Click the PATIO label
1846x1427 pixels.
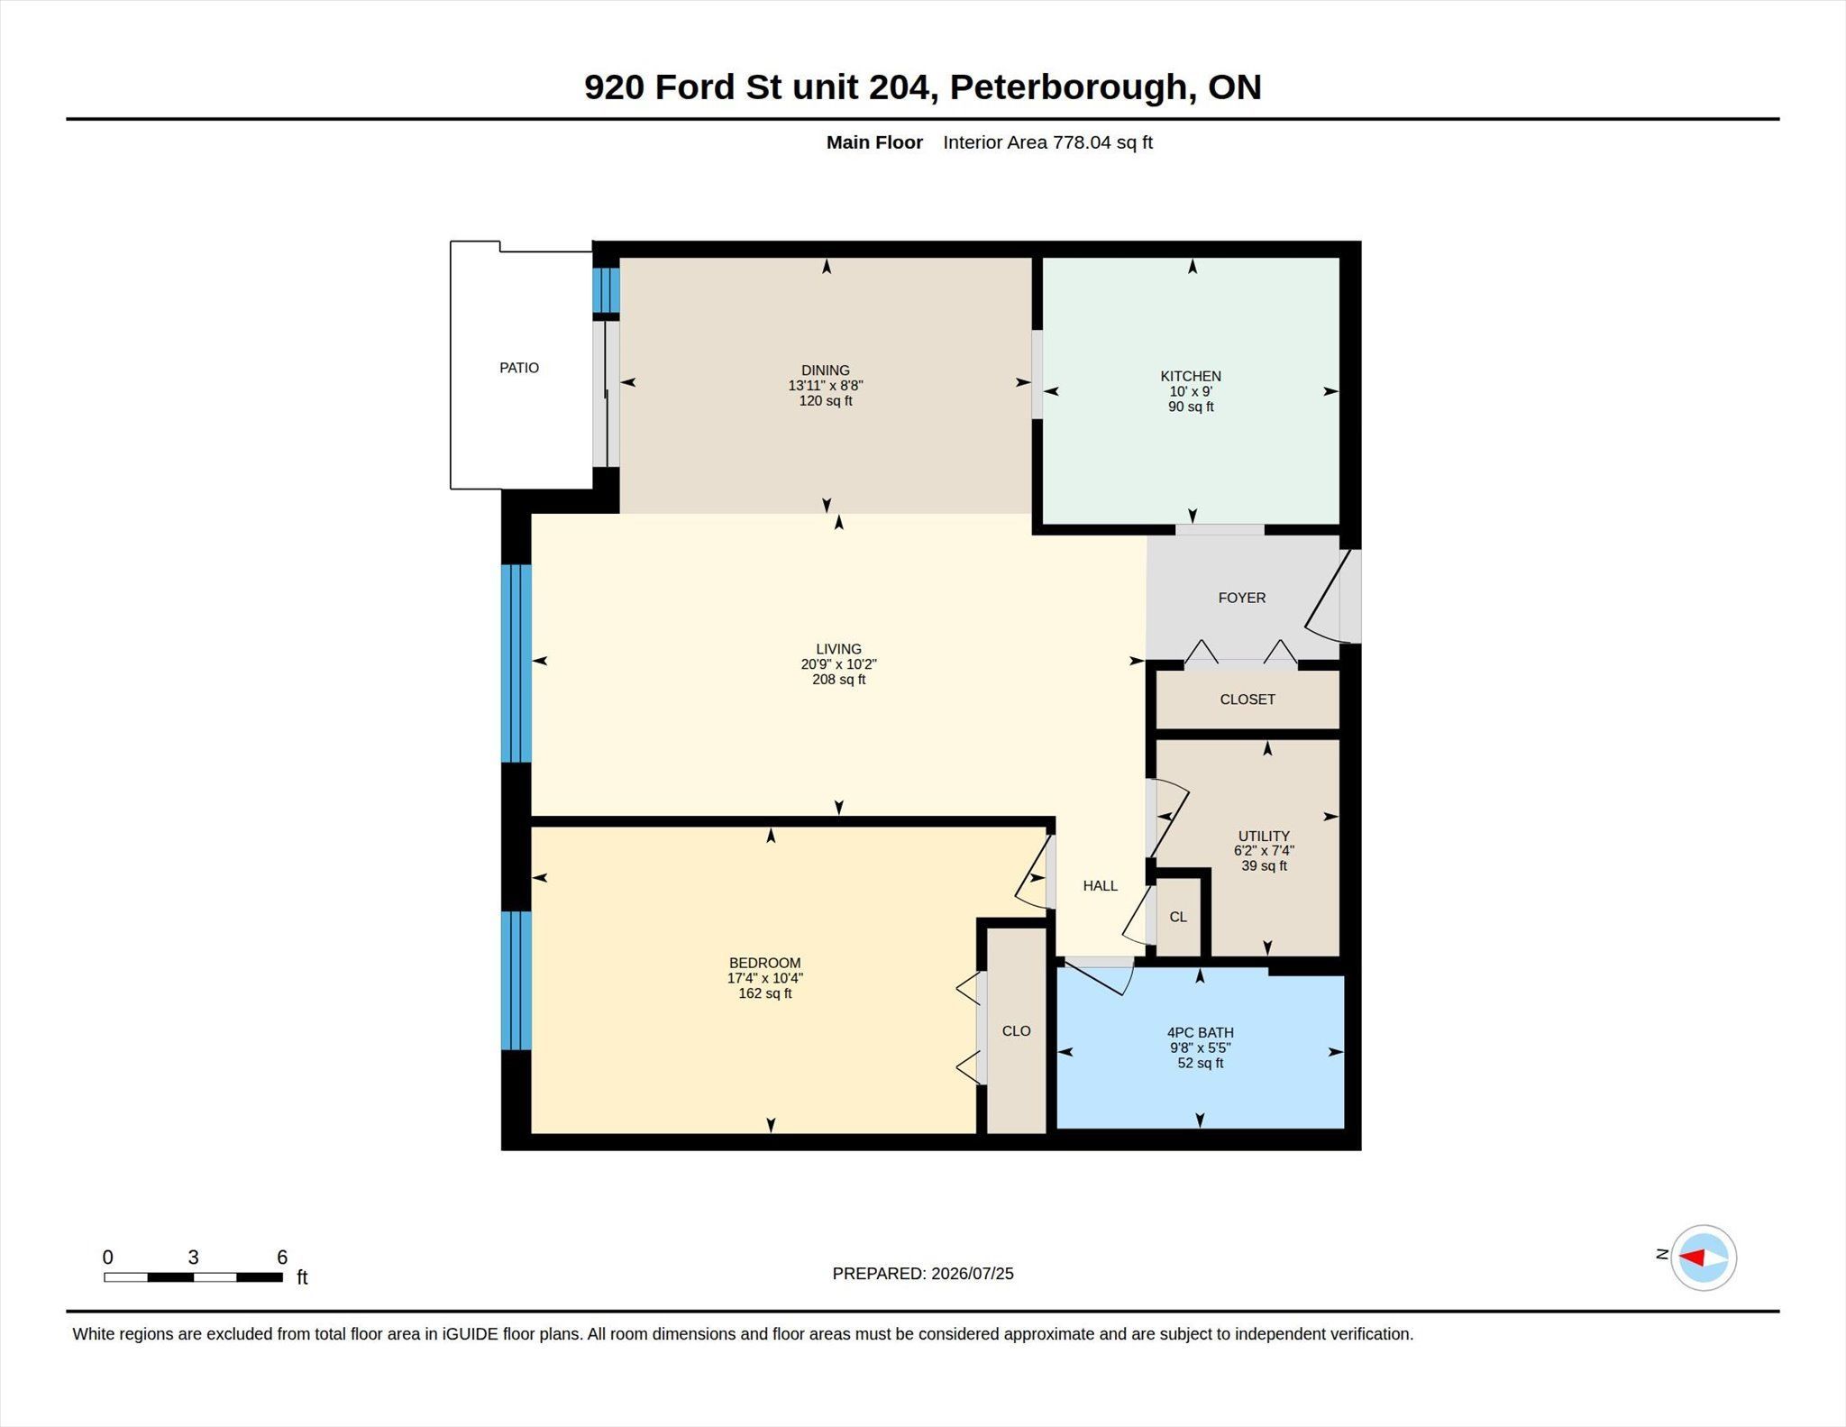click(519, 368)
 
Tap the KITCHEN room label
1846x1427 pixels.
click(1191, 376)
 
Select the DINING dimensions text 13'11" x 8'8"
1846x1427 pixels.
click(826, 386)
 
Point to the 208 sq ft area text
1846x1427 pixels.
click(839, 680)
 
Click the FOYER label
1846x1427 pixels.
click(1242, 598)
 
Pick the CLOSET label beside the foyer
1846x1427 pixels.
click(1247, 700)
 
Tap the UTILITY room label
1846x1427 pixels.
click(1264, 836)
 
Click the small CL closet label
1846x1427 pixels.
click(1178, 917)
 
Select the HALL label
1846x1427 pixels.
click(1101, 886)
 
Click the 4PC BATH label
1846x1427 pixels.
click(1201, 1033)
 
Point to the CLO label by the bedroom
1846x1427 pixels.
click(1017, 1031)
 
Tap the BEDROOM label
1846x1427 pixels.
click(765, 963)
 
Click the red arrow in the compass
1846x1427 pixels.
click(1692, 1258)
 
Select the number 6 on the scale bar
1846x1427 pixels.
click(282, 1258)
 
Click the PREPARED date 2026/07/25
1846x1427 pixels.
click(973, 1274)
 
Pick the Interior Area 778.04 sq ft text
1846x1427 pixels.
click(1048, 142)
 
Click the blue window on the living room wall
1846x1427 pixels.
click(516, 663)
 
